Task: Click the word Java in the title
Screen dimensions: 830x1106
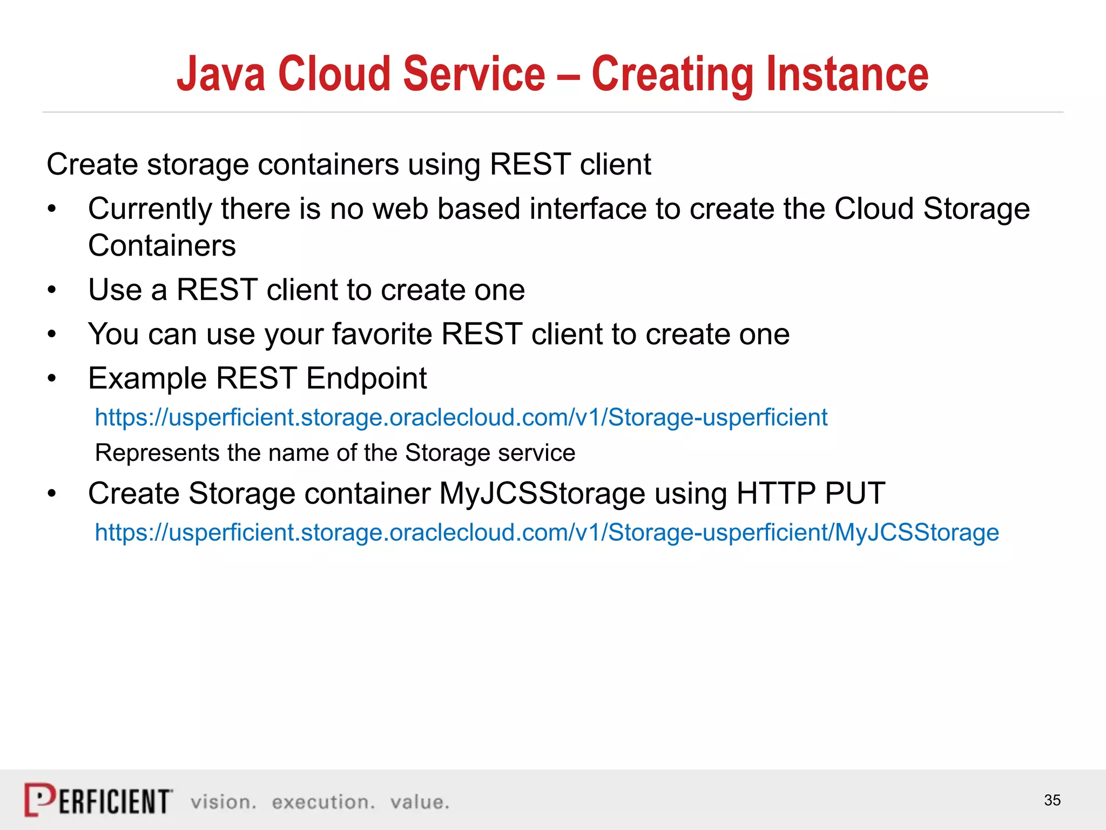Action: point(221,74)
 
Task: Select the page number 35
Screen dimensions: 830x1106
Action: point(1052,800)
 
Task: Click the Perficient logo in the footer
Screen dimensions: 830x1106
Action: point(99,800)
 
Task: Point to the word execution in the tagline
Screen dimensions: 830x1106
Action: point(323,802)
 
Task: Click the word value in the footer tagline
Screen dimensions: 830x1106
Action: point(420,802)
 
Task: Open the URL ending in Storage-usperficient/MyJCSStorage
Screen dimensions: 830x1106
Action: point(547,533)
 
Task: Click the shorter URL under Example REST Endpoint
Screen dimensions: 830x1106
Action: point(461,418)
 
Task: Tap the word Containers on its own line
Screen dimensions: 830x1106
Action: point(162,246)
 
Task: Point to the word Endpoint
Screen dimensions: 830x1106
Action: point(367,378)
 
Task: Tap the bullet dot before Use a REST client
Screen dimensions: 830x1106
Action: point(52,290)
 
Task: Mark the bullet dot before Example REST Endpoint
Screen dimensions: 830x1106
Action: point(52,379)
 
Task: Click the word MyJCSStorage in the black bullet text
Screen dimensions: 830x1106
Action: point(542,493)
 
